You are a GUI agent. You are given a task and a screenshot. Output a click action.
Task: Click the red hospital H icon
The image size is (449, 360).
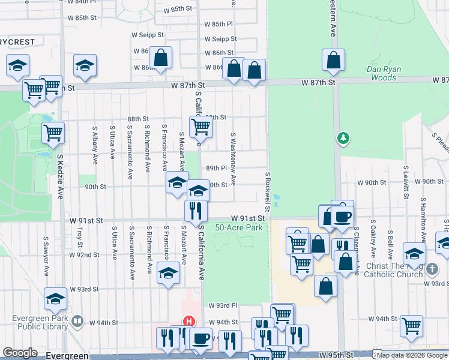[x=188, y=322]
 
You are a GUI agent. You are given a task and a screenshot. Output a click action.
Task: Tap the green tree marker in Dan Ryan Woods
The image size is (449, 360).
[x=343, y=139]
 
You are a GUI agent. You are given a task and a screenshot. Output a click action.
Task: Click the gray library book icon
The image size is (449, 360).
[x=77, y=322]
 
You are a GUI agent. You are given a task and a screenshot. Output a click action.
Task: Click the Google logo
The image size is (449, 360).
[x=20, y=353]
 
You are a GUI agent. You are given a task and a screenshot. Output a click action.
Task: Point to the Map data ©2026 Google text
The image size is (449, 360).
[x=411, y=355]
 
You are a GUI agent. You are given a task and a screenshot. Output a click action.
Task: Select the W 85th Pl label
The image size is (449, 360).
[x=217, y=24]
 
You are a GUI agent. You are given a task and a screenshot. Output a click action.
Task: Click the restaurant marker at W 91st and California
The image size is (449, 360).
[x=196, y=211]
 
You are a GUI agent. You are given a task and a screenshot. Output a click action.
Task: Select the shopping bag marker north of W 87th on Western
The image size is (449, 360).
[x=333, y=60]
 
